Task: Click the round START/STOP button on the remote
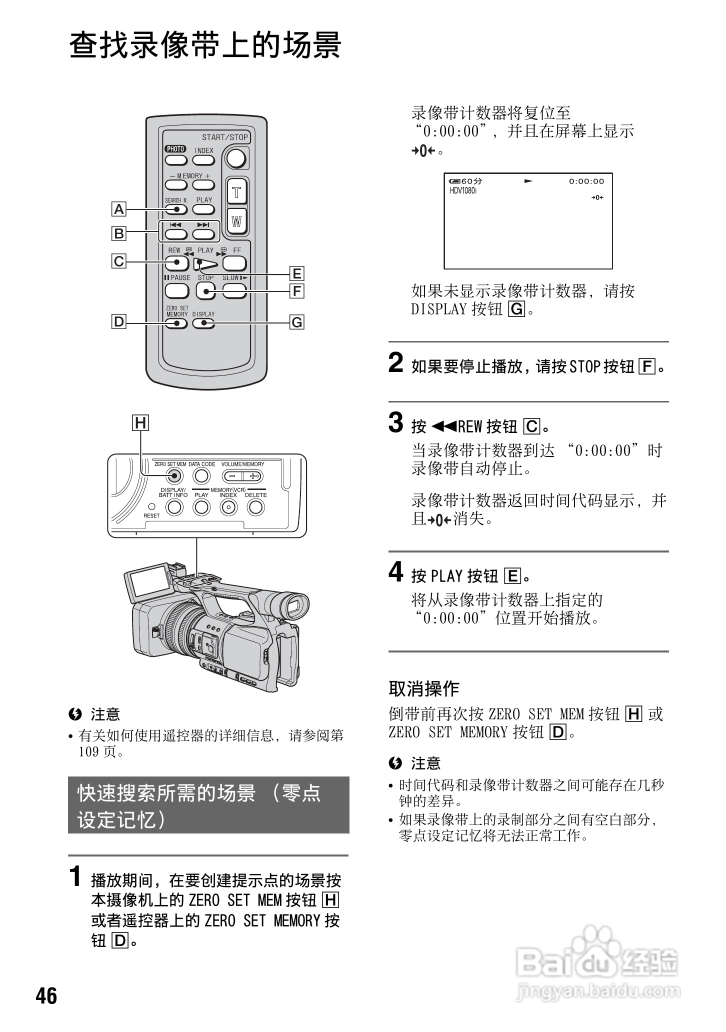point(236,158)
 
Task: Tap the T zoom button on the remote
point(237,192)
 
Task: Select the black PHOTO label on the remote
point(175,149)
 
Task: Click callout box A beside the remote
point(119,209)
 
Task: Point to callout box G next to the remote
point(297,322)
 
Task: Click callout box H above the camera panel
point(141,423)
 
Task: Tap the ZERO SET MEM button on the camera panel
point(173,476)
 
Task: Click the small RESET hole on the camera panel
point(151,506)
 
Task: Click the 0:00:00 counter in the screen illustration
point(586,181)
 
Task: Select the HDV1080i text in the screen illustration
point(463,191)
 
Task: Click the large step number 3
point(396,422)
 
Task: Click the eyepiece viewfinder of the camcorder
point(293,607)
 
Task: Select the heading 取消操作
point(424,688)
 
